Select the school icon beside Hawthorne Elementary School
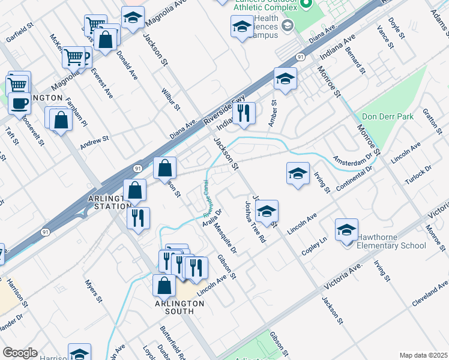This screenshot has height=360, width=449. point(346,231)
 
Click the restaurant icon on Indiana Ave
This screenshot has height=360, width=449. point(244,113)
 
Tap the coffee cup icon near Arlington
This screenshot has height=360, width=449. point(19,103)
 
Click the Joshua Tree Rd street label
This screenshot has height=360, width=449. point(253,221)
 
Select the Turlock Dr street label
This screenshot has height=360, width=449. point(419,175)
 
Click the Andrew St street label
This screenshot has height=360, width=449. point(94,143)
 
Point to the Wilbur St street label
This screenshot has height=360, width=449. point(170,100)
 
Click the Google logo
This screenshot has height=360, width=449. point(20,353)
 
